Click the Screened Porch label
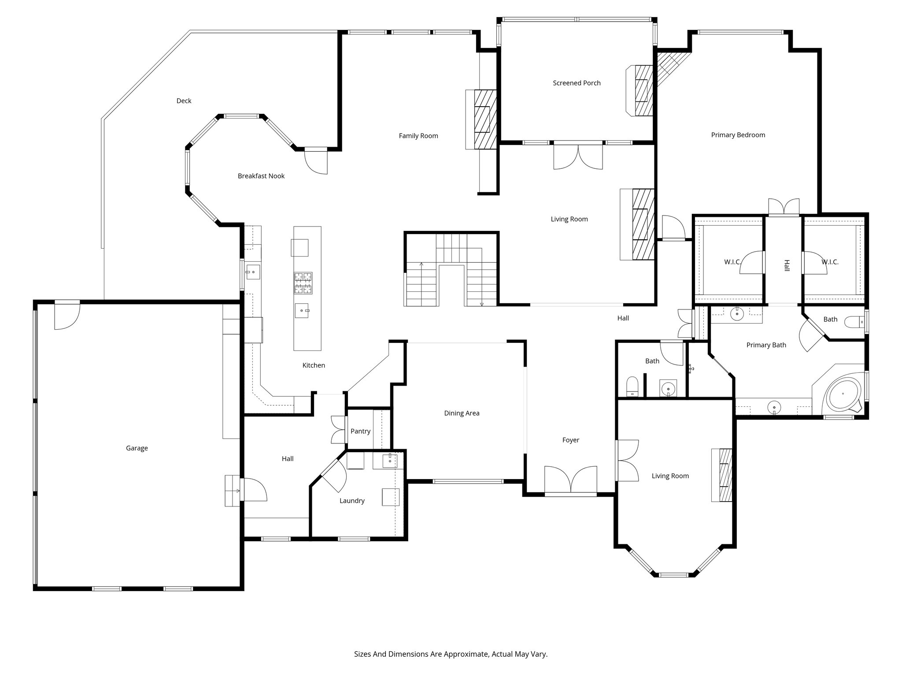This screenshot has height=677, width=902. click(x=577, y=83)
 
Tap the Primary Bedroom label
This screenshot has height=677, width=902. click(x=738, y=135)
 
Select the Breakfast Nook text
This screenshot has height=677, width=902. click(x=261, y=176)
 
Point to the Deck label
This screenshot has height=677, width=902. click(x=184, y=101)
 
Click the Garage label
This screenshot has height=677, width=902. click(x=137, y=448)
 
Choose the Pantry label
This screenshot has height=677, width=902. click(x=360, y=431)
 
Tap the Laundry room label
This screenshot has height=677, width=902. click(x=352, y=501)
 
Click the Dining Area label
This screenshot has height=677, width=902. click(x=462, y=413)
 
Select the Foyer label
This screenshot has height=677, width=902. click(x=570, y=440)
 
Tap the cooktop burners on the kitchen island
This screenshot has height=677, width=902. click(x=303, y=283)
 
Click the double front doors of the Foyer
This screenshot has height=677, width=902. click(x=570, y=480)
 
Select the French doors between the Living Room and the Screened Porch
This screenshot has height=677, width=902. click(x=578, y=156)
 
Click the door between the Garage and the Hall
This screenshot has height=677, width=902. click(x=253, y=490)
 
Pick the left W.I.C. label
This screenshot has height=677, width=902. click(x=732, y=262)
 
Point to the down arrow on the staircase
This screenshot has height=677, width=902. click(x=481, y=303)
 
